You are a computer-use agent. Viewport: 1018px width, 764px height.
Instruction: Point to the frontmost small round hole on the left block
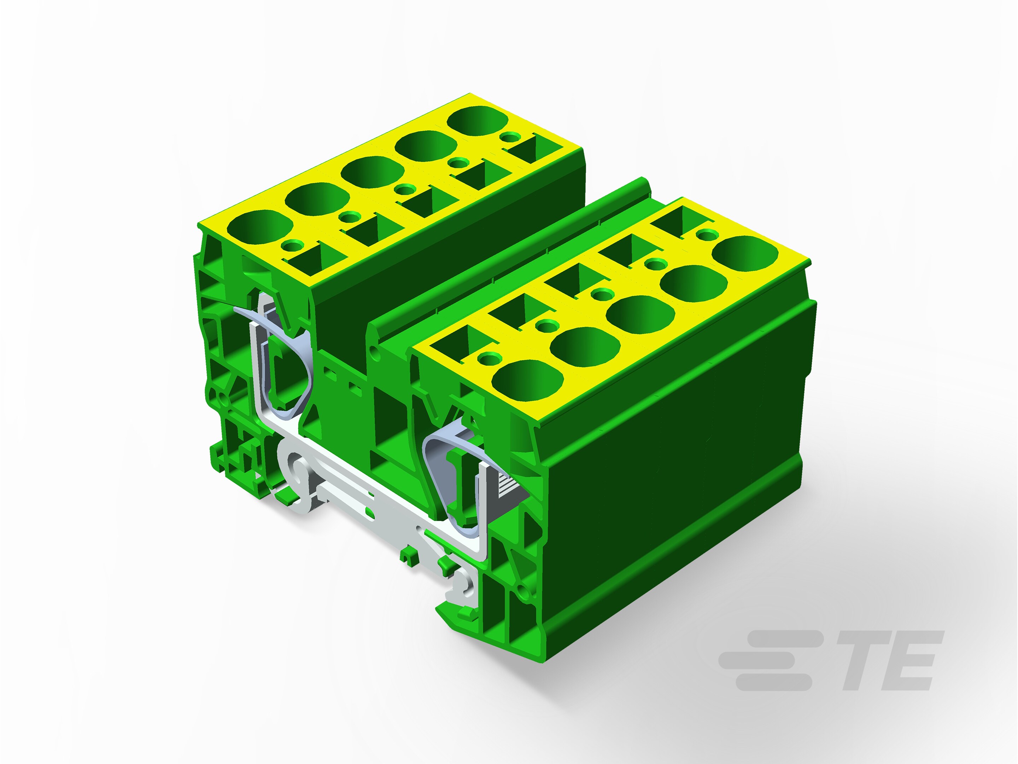291,244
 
